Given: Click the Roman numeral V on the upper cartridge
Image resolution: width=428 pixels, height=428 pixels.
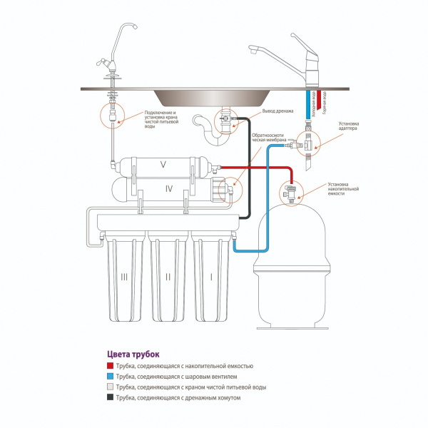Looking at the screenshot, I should pos(163,165).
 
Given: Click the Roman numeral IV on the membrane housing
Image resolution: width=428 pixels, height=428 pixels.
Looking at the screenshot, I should pos(169,190).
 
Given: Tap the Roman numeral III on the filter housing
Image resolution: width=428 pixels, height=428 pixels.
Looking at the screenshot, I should pos(123,275).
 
